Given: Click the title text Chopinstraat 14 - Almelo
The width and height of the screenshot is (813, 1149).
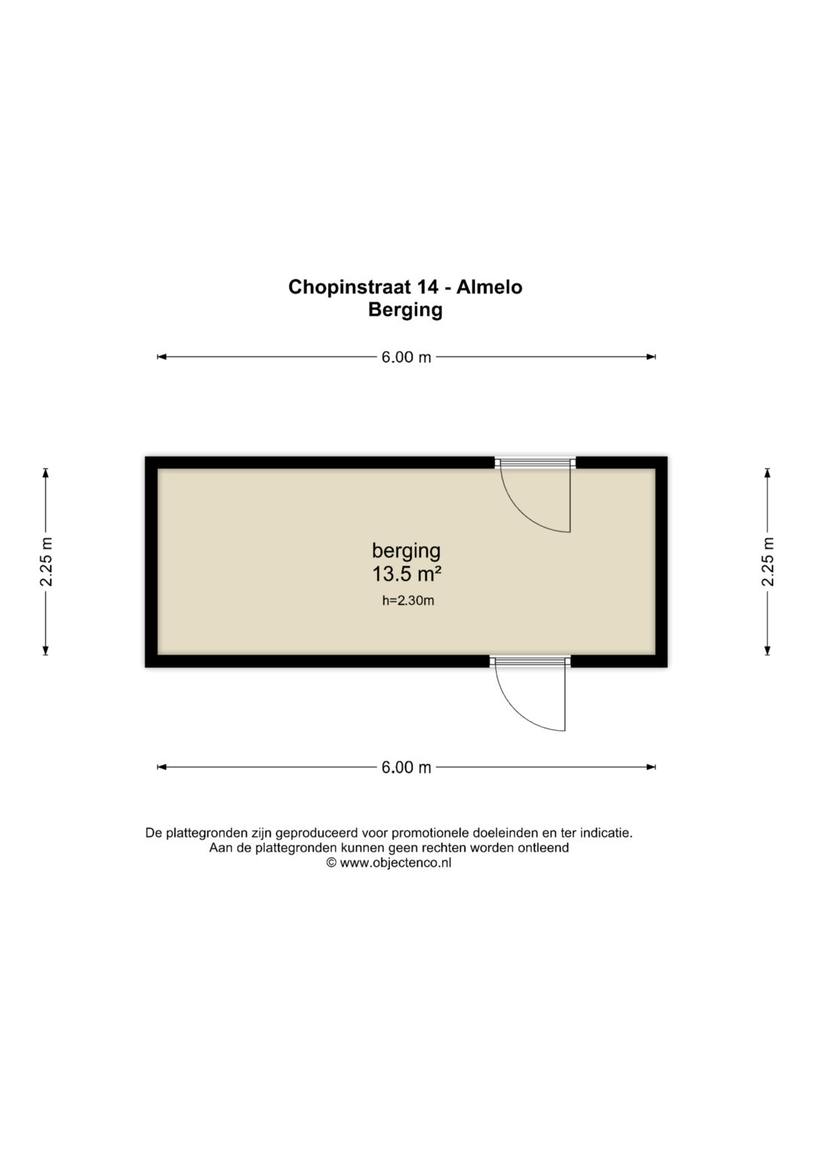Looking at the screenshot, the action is (405, 287).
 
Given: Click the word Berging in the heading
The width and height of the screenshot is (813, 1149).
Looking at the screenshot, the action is (405, 310).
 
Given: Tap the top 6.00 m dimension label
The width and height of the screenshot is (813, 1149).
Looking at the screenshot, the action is (406, 357).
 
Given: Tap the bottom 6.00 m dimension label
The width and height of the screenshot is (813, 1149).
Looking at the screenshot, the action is (406, 768).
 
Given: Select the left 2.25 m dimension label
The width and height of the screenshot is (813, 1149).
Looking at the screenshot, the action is (46, 561).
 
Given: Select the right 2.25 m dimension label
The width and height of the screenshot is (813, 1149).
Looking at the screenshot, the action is (767, 561).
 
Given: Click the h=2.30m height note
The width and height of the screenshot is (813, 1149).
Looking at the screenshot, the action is (408, 600).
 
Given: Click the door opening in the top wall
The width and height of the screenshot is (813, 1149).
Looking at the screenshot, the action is (535, 463).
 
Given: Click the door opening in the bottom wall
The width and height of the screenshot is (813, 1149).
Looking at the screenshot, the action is (530, 661).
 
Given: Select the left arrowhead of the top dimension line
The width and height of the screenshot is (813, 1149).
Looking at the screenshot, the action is (162, 357).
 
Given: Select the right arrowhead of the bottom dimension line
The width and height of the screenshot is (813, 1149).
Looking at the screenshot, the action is (651, 768).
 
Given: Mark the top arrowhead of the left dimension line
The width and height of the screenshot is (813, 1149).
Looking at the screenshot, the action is (46, 473).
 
